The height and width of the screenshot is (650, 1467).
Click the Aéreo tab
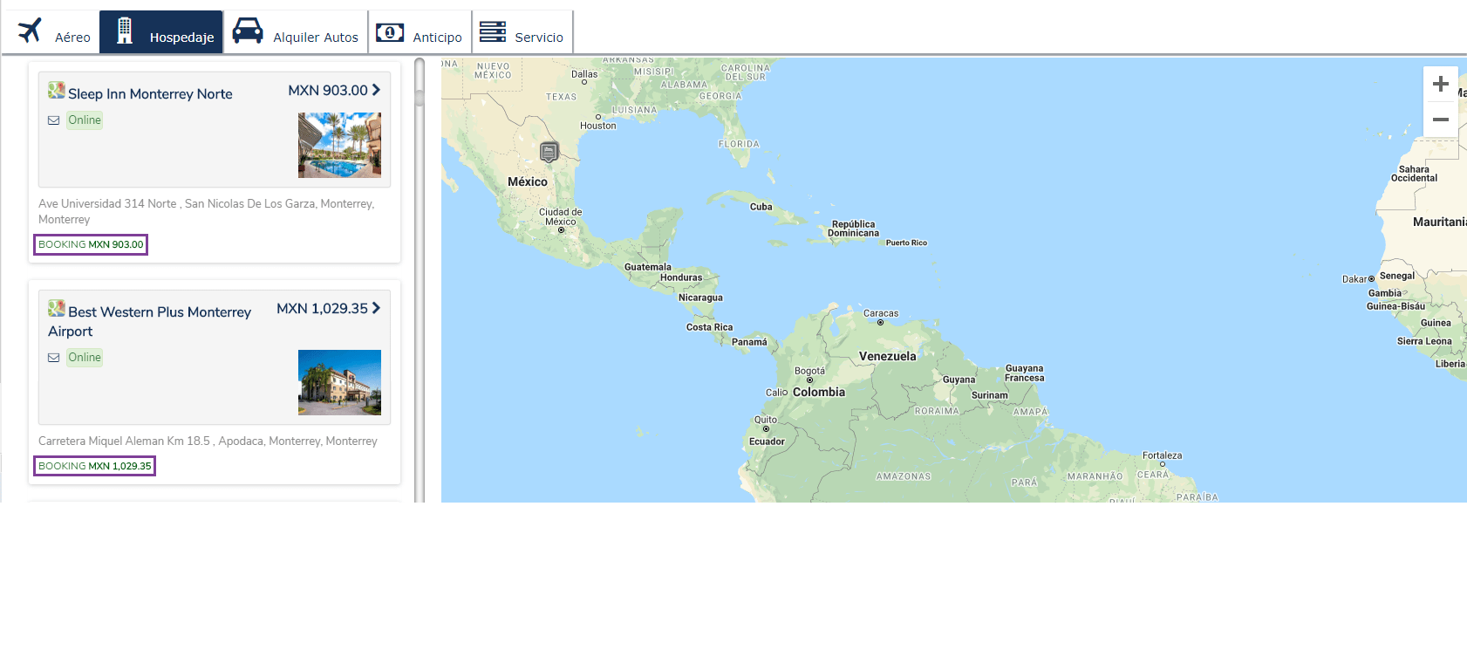[54, 33]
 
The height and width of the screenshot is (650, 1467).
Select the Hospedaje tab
[162, 33]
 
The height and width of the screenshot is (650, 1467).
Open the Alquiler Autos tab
[296, 33]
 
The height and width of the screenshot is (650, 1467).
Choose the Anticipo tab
[420, 33]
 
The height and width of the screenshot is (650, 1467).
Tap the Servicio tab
[522, 33]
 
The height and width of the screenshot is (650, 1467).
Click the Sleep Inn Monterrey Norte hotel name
[150, 94]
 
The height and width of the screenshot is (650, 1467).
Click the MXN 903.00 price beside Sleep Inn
[329, 91]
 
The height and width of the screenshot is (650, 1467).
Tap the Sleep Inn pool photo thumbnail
[339, 145]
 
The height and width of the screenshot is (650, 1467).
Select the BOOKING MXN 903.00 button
[91, 244]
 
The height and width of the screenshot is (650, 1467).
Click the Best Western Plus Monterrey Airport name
[150, 321]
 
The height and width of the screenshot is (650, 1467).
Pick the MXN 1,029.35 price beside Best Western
[323, 309]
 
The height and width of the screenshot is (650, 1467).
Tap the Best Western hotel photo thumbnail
[339, 382]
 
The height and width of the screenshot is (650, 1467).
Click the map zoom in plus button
[1441, 84]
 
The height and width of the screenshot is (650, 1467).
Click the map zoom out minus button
[1441, 120]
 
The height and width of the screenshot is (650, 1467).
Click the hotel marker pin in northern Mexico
[549, 152]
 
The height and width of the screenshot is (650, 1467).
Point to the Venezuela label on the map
[887, 356]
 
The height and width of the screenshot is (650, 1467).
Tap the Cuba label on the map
[761, 207]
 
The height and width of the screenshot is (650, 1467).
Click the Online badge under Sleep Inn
[85, 120]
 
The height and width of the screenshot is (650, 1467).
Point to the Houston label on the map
[598, 126]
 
